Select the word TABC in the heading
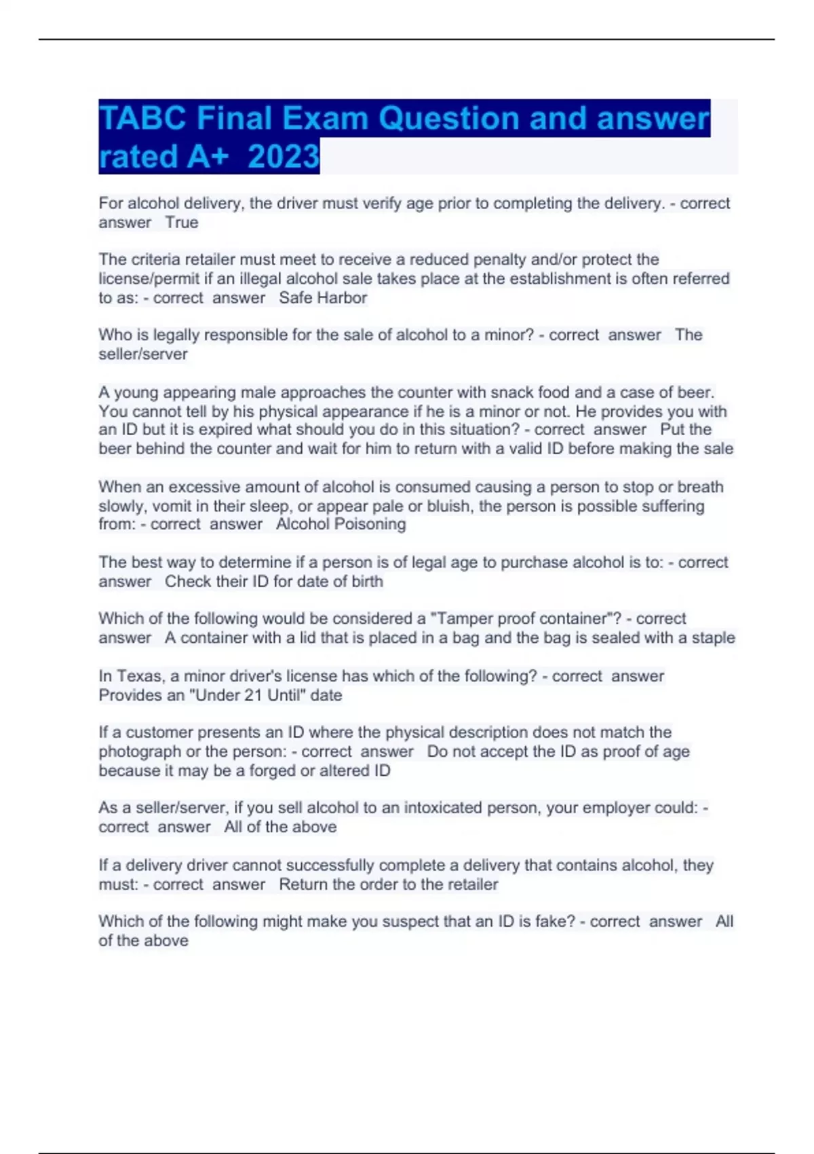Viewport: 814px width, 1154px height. [x=142, y=119]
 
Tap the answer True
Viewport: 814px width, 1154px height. [x=182, y=223]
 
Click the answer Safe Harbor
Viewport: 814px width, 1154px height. [x=323, y=298]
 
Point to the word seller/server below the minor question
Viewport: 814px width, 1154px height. [x=143, y=354]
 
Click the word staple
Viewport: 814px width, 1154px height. [x=713, y=638]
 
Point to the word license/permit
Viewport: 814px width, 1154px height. [x=149, y=279]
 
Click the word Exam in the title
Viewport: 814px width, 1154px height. [x=324, y=119]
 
